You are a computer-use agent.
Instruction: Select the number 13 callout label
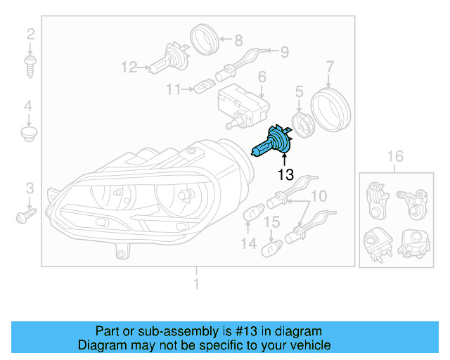tap(285, 175)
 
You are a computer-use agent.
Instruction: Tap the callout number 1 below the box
tap(196, 284)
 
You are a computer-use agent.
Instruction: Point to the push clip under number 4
tap(29, 133)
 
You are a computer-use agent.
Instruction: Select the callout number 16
tap(396, 156)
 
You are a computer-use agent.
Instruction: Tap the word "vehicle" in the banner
tap(309, 345)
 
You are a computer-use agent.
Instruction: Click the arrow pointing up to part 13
tap(285, 161)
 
